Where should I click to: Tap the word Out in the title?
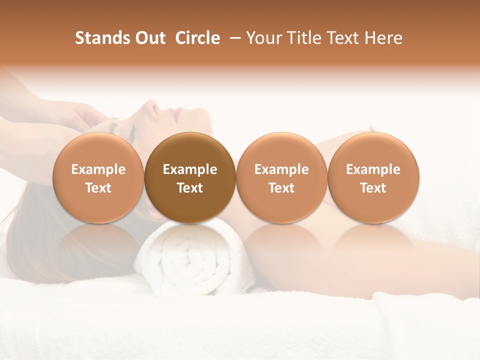coord(148,38)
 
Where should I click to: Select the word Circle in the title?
coord(197,38)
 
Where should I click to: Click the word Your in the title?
coord(263,38)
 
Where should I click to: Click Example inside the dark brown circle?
coord(190,169)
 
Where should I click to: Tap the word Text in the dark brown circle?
coord(190,188)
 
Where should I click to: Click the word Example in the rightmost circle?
coord(373,169)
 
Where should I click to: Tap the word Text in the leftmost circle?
coord(98,188)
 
